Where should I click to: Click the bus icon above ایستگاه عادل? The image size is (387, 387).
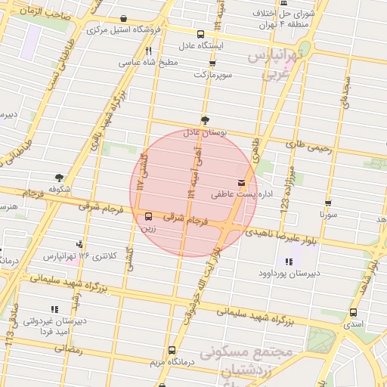click(200, 34)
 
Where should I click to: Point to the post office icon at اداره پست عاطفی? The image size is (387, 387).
click(242, 183)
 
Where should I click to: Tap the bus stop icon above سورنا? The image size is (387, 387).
click(327, 203)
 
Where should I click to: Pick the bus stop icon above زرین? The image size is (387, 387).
click(147, 215)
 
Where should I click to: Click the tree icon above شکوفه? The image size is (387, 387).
click(60, 177)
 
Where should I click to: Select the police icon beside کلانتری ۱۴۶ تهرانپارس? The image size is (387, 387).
click(79, 244)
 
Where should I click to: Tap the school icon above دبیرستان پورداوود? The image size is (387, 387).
click(288, 262)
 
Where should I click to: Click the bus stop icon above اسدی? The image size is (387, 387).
click(353, 313)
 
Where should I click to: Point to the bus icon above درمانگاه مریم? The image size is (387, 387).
click(172, 350)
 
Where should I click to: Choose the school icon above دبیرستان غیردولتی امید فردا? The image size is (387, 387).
click(53, 309)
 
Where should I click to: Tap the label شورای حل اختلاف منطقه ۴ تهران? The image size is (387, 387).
click(303, 19)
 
